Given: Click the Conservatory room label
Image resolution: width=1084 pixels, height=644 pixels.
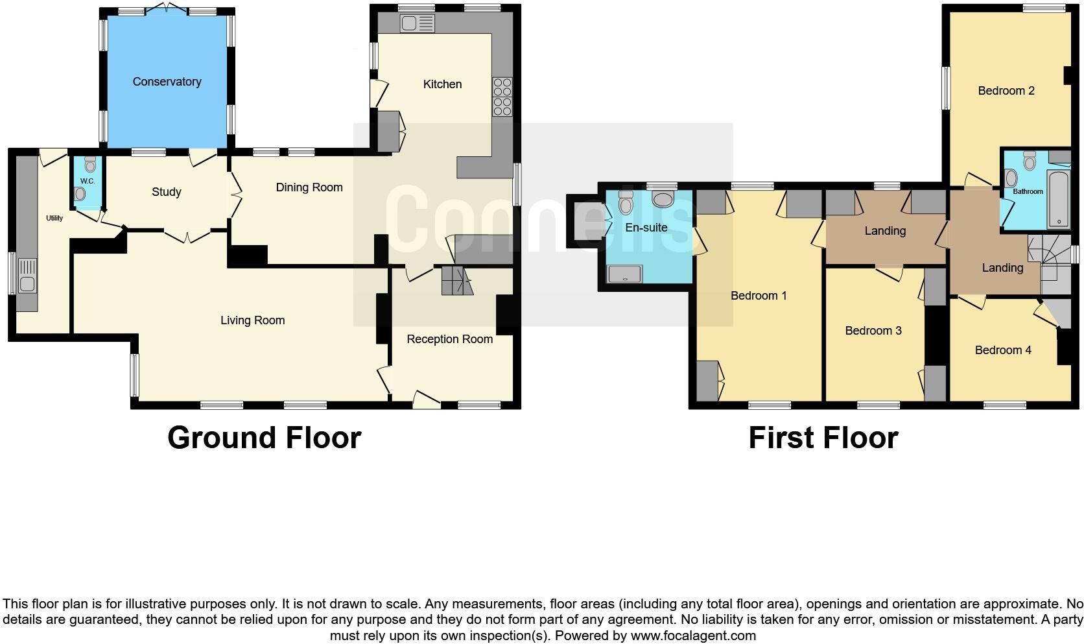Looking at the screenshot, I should click(x=167, y=82).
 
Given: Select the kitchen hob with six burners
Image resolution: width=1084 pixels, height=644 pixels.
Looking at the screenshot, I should click(x=502, y=97).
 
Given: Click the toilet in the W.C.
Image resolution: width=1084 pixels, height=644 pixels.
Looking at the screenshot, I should click(x=80, y=193).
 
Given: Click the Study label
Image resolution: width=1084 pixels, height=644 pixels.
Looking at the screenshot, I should click(x=166, y=192).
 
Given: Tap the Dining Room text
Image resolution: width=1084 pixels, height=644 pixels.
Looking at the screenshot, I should click(x=309, y=187).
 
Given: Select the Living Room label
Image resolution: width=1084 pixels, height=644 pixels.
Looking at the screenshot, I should click(x=252, y=320).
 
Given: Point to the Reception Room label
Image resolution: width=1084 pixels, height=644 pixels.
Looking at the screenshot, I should click(x=449, y=339).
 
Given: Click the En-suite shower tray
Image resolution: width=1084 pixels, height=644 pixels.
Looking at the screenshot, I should click(x=625, y=274).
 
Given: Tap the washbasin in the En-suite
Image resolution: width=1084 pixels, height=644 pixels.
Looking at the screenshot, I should click(x=663, y=199).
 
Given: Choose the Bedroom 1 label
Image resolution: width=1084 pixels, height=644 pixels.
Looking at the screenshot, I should click(x=759, y=296).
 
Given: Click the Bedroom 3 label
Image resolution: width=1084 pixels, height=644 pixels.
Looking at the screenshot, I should click(x=873, y=331).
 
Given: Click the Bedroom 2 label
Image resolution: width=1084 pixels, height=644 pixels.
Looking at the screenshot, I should click(x=1006, y=91).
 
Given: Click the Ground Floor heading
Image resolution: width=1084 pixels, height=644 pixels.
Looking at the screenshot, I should click(x=264, y=438).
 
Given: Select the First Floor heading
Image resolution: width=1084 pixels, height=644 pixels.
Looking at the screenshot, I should click(x=823, y=438).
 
